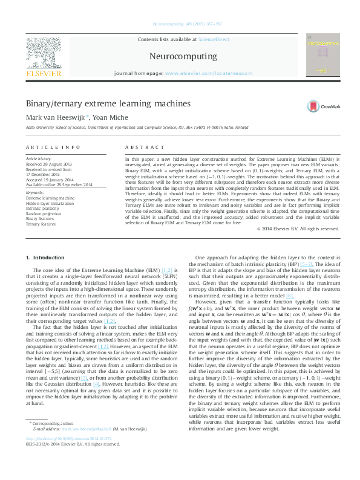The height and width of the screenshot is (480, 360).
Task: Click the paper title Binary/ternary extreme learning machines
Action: [x=103, y=104]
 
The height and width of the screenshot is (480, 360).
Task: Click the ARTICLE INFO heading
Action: [x=53, y=148]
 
